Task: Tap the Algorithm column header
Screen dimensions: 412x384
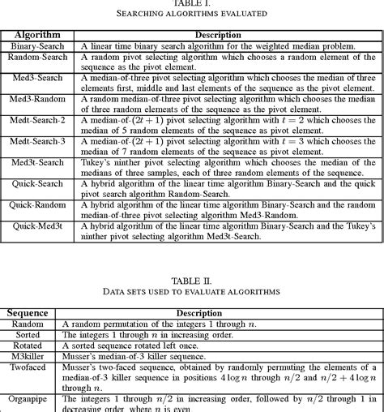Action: pyautogui.click(x=39, y=36)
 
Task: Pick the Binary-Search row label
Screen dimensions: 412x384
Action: pyautogui.click(x=39, y=47)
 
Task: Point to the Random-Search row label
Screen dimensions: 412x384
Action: pyautogui.click(x=39, y=59)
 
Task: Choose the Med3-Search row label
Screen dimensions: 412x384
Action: pyautogui.click(x=39, y=78)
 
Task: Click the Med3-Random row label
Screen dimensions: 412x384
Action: pyautogui.click(x=39, y=99)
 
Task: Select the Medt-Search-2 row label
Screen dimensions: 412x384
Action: pyautogui.click(x=39, y=119)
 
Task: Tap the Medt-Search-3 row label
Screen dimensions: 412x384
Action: pyautogui.click(x=39, y=140)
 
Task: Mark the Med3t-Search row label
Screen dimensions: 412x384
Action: pyautogui.click(x=39, y=162)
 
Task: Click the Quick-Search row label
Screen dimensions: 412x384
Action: pyautogui.click(x=39, y=183)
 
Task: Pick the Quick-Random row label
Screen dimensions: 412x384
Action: pyautogui.click(x=39, y=205)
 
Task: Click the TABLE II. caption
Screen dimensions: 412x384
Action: pyautogui.click(x=193, y=277)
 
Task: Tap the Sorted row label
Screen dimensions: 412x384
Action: pyautogui.click(x=28, y=334)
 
